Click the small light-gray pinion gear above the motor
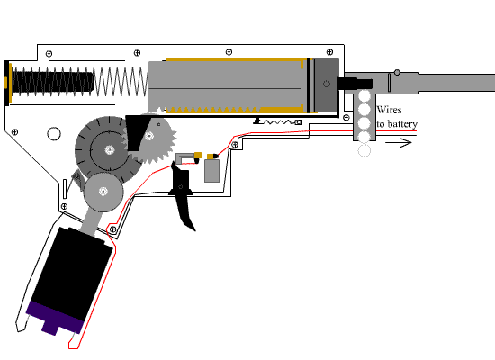click(103, 192)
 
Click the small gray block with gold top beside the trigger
click(212, 168)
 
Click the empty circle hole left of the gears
click(54, 135)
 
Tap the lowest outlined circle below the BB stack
click(364, 150)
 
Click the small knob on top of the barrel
click(394, 71)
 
